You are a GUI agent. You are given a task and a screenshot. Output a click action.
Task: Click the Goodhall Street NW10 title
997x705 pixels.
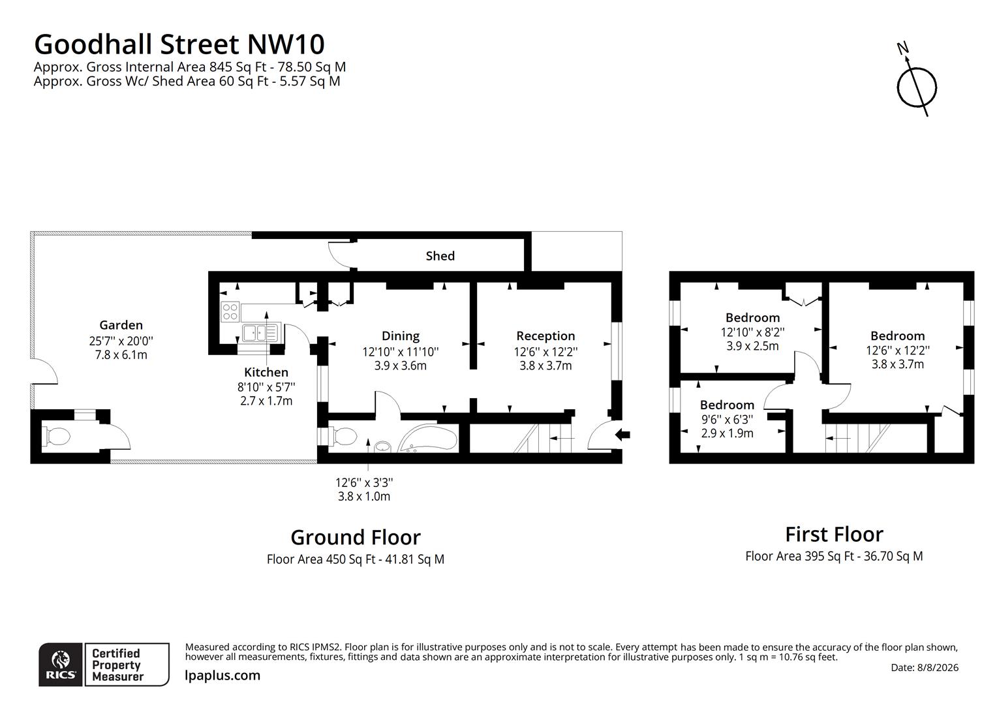pyautogui.click(x=179, y=44)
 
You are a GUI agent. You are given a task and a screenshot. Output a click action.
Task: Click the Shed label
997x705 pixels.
pyautogui.click(x=440, y=256)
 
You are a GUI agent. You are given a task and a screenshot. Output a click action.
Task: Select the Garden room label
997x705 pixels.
pyautogui.click(x=121, y=324)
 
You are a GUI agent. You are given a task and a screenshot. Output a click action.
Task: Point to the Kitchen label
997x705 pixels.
pyautogui.click(x=266, y=372)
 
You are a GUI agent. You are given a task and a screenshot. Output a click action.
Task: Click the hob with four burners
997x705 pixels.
pyautogui.click(x=230, y=311)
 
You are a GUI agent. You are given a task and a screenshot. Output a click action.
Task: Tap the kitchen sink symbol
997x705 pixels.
pyautogui.click(x=260, y=333)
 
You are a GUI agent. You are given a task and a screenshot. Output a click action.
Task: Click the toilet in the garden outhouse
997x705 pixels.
pyautogui.click(x=56, y=436)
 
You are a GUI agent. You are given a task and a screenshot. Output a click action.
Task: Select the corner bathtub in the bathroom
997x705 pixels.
pyautogui.click(x=428, y=438)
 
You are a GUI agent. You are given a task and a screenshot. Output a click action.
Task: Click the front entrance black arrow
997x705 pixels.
pyautogui.click(x=622, y=434)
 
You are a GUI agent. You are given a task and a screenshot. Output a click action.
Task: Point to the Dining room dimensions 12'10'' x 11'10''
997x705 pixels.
pyautogui.click(x=401, y=352)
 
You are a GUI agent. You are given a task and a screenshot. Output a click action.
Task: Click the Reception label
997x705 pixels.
pyautogui.click(x=545, y=336)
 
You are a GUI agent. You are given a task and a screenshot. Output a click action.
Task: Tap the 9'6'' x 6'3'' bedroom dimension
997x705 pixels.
pyautogui.click(x=728, y=419)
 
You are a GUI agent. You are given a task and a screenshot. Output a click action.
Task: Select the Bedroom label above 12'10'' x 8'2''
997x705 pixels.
pyautogui.click(x=753, y=317)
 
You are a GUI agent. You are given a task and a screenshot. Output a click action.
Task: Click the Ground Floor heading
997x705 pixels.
pyautogui.click(x=356, y=537)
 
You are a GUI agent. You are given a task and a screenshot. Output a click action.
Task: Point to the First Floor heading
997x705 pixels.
pyautogui.click(x=834, y=535)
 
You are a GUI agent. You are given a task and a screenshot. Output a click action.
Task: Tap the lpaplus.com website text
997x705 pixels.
pyautogui.click(x=222, y=675)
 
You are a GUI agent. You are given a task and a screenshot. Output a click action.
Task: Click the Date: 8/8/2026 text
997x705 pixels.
pyautogui.click(x=925, y=667)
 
